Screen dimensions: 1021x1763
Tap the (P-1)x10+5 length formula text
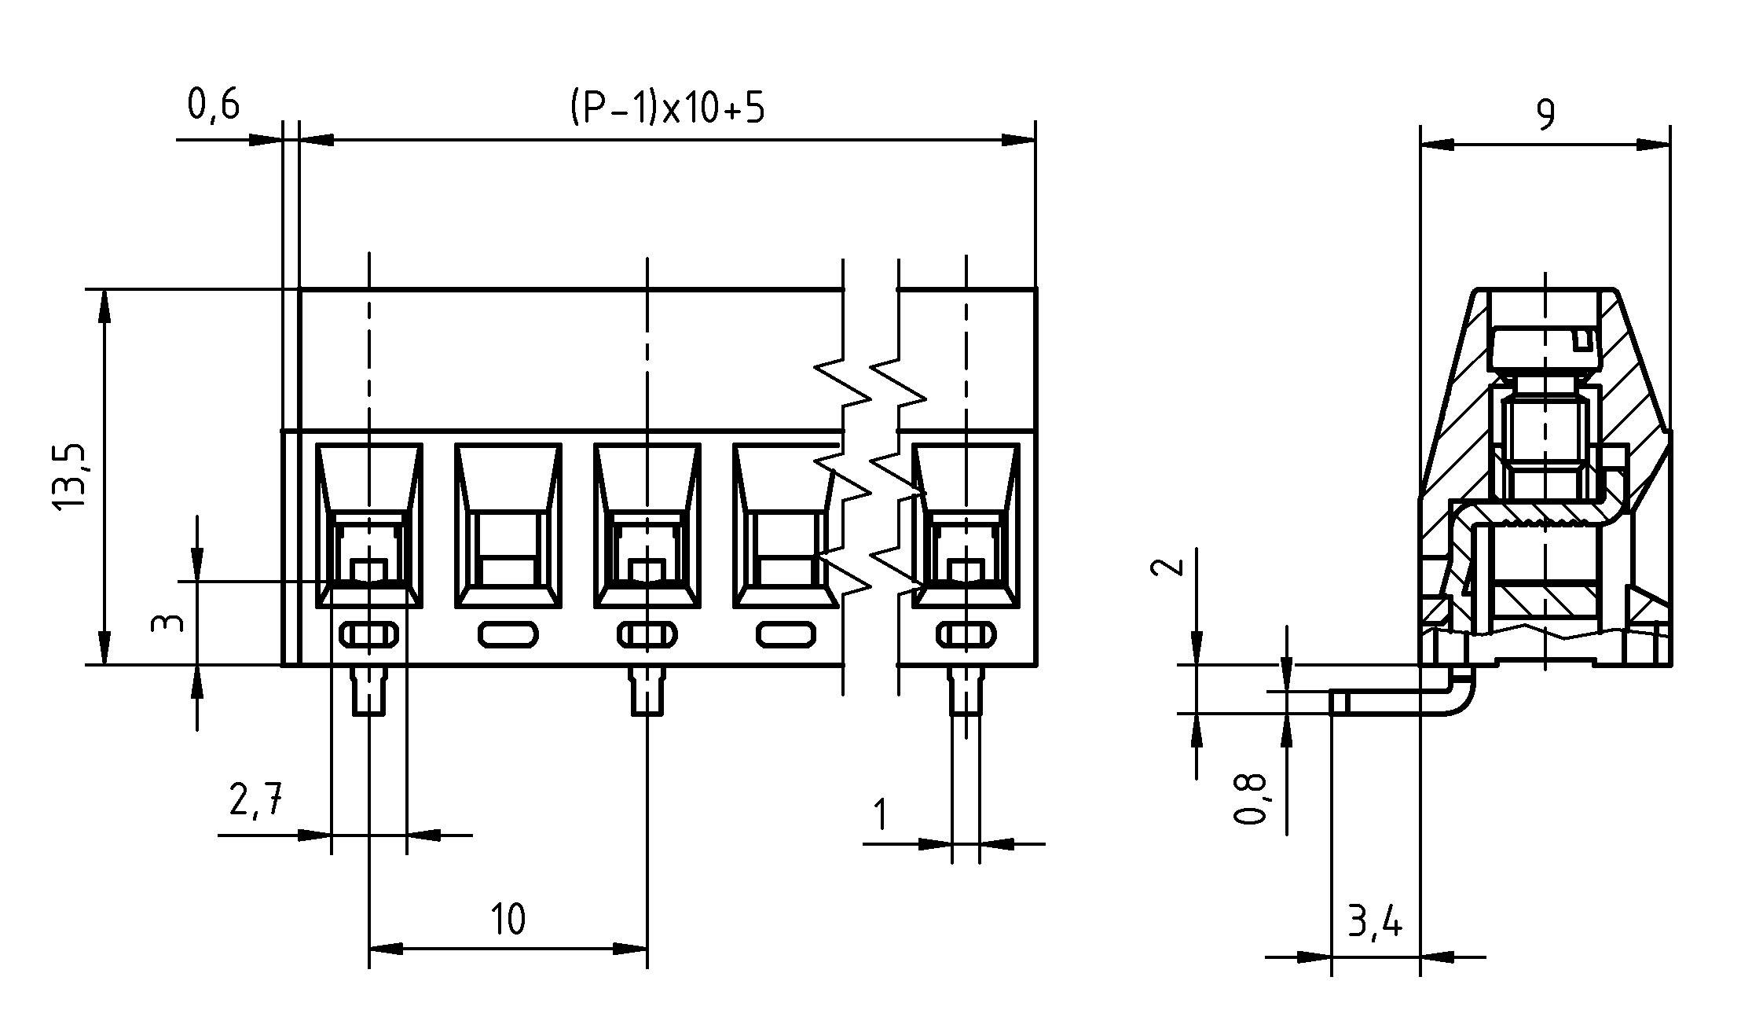[666, 109]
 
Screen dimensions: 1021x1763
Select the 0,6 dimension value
[214, 105]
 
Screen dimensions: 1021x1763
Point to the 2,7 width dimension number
[255, 801]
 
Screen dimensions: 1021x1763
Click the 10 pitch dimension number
[508, 919]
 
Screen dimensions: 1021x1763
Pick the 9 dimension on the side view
[1545, 116]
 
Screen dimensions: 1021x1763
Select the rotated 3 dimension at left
[167, 623]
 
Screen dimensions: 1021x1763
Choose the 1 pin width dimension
[881, 815]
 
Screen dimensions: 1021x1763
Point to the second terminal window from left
[508, 525]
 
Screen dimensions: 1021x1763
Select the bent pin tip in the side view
[1340, 703]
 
